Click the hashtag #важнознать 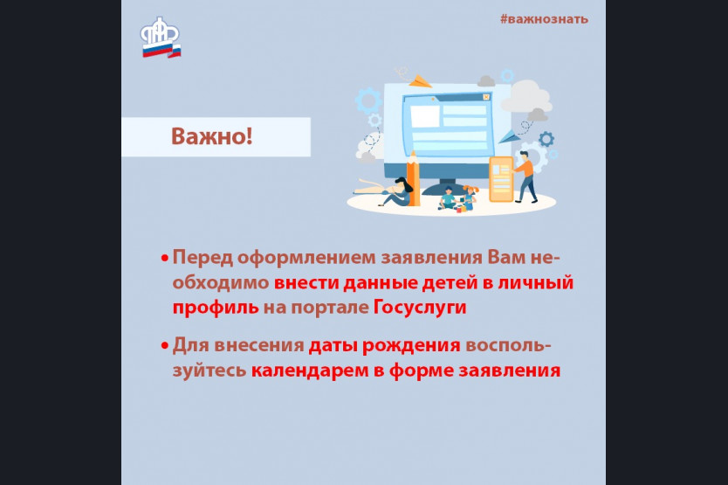[544, 19]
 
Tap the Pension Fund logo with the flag [161, 38]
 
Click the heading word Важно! [212, 136]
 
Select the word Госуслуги [420, 308]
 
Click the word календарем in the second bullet [310, 371]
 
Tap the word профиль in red [216, 308]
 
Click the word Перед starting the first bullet [203, 258]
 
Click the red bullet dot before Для [164, 346]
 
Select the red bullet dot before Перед [164, 258]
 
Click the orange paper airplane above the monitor [420, 81]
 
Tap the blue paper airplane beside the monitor [507, 136]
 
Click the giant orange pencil [413, 178]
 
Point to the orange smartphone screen [501, 179]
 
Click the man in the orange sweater [525, 177]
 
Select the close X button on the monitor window [486, 97]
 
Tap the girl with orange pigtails [470, 197]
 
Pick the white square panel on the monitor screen [425, 117]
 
